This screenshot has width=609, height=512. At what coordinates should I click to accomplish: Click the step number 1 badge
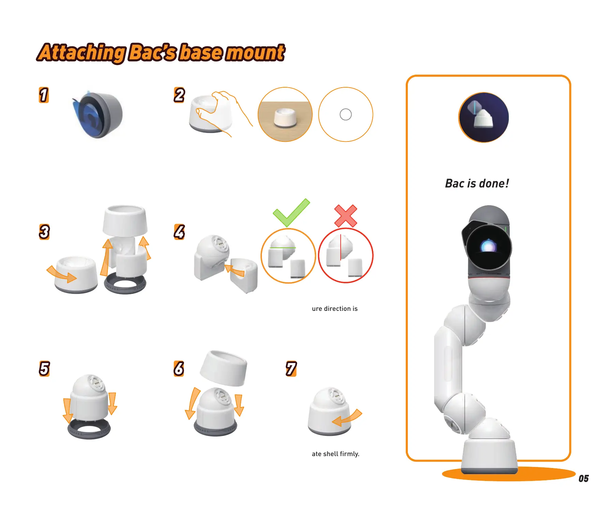[44, 95]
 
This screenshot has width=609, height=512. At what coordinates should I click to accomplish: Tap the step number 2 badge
[179, 95]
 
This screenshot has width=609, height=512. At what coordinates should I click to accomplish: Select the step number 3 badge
[44, 232]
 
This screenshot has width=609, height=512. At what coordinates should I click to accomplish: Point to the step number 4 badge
[179, 232]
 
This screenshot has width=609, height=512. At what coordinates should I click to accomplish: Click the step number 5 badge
[44, 368]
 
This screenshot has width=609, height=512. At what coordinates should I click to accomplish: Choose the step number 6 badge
[179, 368]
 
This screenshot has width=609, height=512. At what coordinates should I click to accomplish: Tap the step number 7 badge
[291, 368]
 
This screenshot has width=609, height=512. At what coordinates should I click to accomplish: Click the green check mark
[291, 213]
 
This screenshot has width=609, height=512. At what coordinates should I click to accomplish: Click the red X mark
[345, 216]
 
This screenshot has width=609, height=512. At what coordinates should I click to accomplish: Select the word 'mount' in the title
[255, 53]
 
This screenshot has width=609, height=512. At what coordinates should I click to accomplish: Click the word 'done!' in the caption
[494, 183]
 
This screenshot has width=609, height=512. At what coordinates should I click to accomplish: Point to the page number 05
[583, 479]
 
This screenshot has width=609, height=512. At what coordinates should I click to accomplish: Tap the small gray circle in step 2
[345, 115]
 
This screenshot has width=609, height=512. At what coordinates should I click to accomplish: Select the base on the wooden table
[285, 118]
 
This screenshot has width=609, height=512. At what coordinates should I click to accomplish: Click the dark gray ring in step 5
[89, 430]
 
